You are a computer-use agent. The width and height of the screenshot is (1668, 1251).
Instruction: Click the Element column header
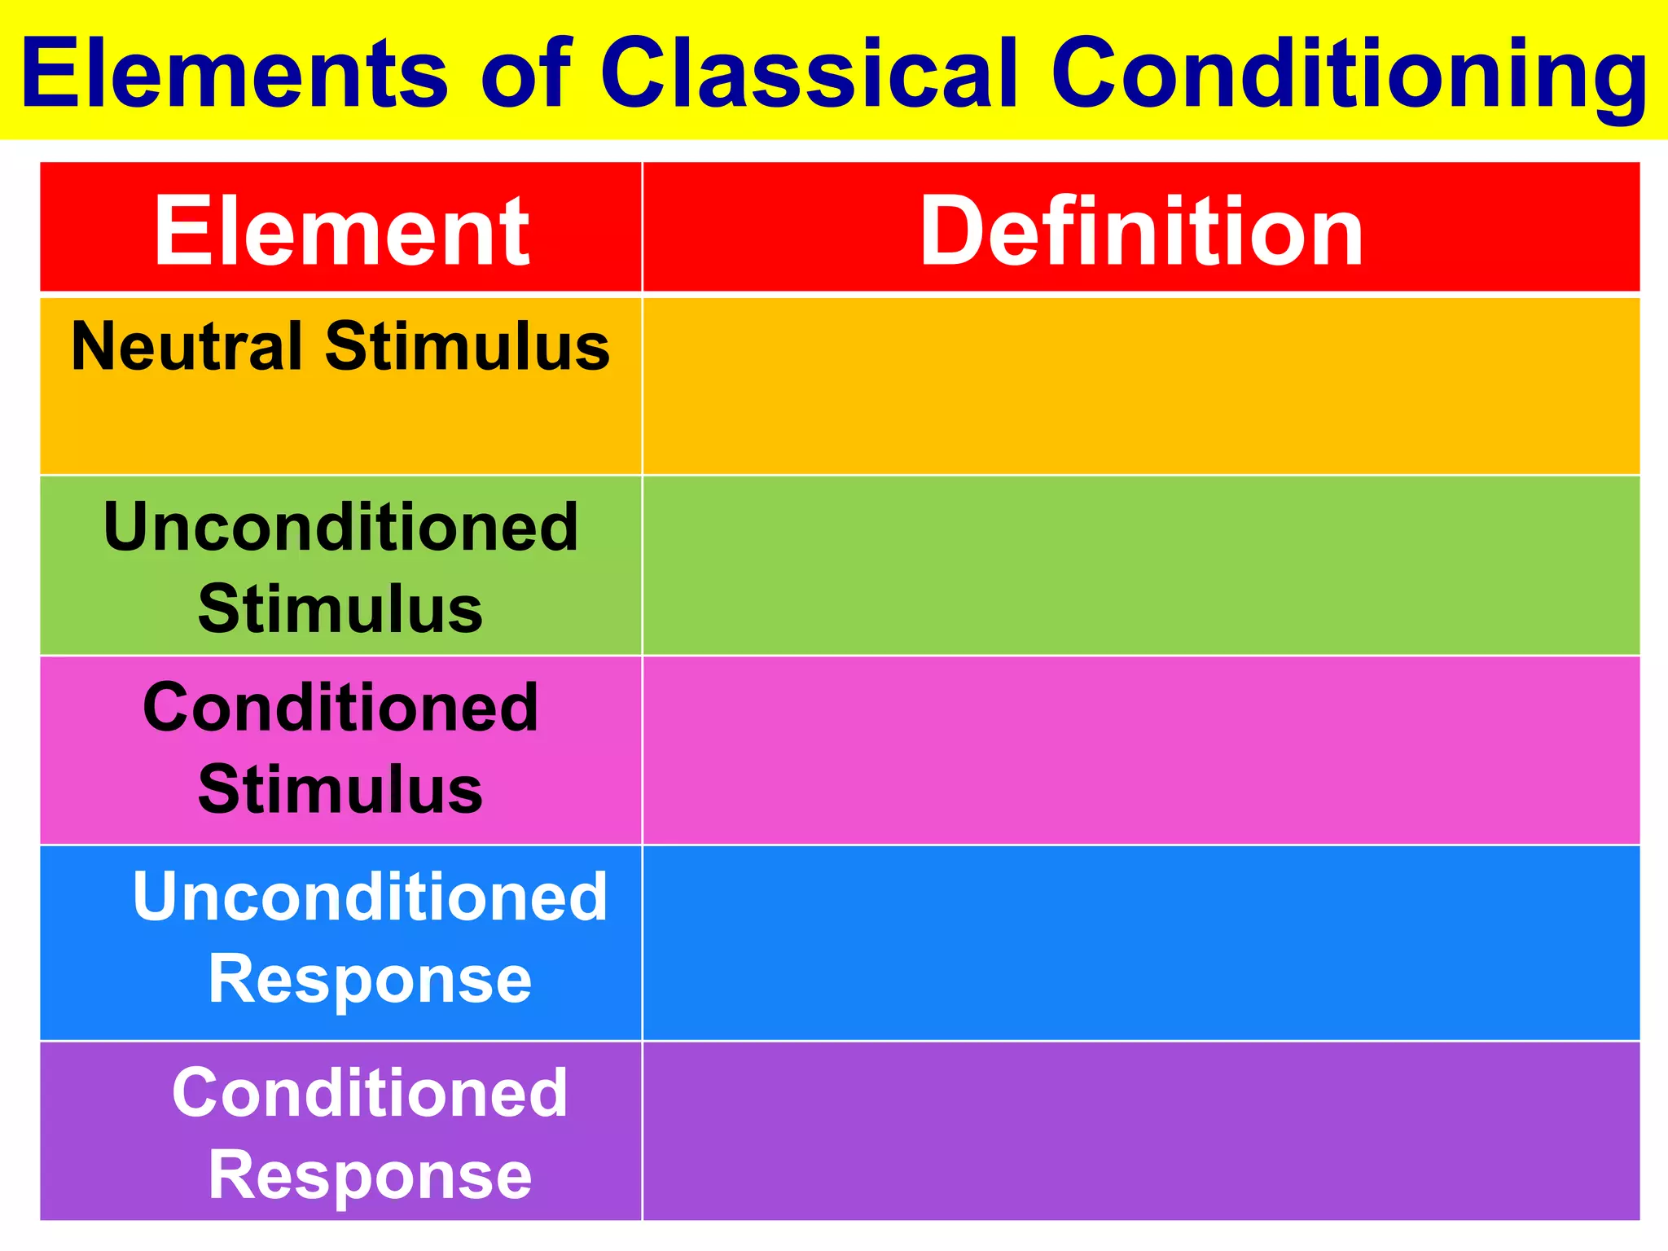342,231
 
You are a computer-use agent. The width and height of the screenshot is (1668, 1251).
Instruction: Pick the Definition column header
1141,231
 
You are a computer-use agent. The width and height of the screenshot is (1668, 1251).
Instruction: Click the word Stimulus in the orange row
467,346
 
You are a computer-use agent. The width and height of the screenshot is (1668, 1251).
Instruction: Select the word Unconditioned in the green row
340,527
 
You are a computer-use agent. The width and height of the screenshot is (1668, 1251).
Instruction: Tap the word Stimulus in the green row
340,609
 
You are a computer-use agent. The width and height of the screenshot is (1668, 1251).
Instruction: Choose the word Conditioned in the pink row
340,707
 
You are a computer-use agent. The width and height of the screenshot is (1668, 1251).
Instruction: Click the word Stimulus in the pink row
340,789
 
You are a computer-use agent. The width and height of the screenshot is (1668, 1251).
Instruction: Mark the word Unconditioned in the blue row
370,897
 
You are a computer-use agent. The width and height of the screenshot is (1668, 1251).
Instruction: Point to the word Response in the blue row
370,979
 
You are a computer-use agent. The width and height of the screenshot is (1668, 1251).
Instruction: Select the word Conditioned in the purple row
370,1093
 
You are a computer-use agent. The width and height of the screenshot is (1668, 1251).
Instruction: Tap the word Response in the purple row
370,1175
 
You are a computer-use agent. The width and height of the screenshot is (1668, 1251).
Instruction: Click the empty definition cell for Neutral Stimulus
1141,386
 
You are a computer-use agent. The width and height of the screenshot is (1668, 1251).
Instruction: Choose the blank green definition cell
1141,565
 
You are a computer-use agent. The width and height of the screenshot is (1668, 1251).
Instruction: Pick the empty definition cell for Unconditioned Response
1141,943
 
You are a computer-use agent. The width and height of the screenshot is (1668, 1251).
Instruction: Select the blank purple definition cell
1141,1130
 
